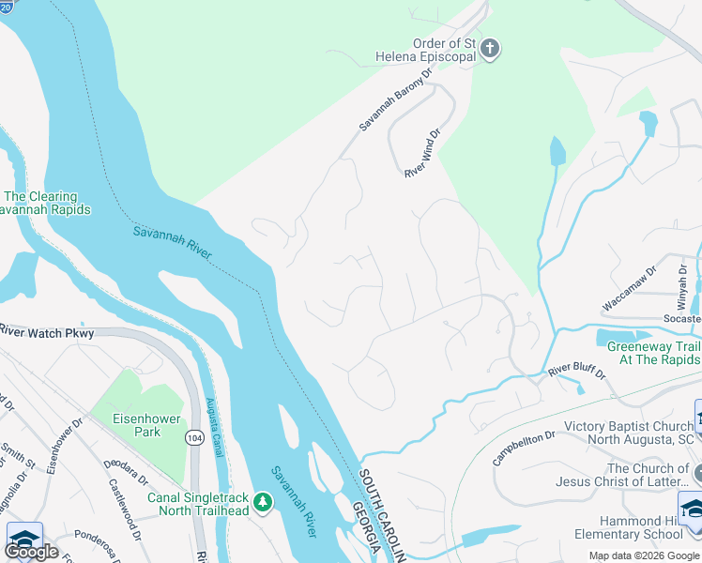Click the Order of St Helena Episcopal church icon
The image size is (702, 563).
point(489,48)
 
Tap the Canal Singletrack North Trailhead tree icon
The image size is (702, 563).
point(264,503)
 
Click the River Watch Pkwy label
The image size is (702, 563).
point(48,332)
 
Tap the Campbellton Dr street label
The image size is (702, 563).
point(523,448)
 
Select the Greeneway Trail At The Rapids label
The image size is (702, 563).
point(653,353)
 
